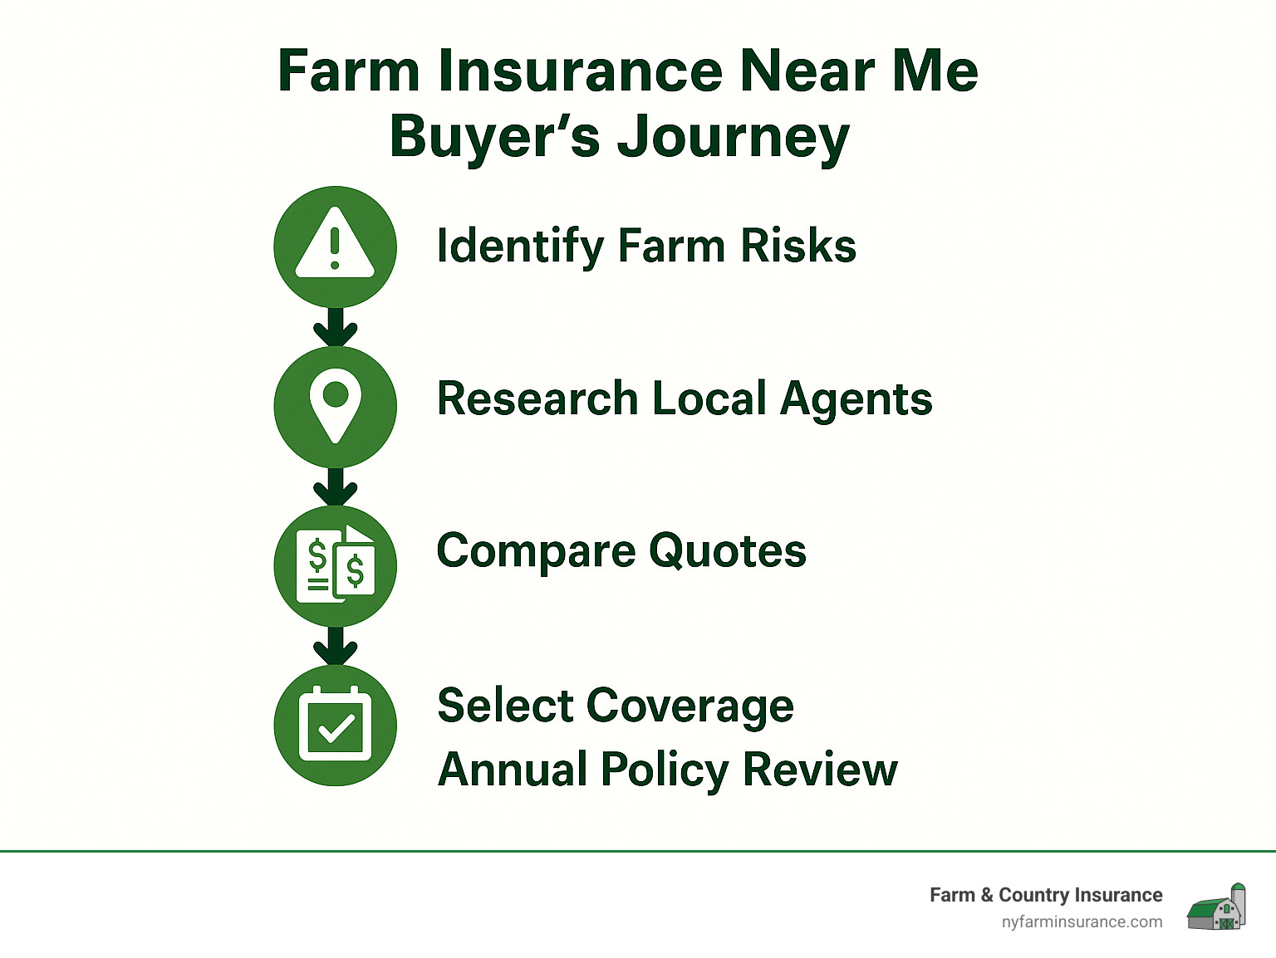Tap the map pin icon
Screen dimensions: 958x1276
coord(335,405)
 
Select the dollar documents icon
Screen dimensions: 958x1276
coord(335,565)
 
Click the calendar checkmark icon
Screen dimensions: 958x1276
coord(335,725)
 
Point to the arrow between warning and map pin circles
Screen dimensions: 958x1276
coord(335,327)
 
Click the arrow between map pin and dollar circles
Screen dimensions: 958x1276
coord(335,487)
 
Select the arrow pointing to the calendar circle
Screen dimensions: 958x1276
coord(335,647)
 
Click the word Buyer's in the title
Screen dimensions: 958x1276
coord(494,136)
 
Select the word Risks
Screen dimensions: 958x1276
coord(797,246)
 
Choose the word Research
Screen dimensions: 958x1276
coord(537,398)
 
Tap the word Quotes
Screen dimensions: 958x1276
coord(727,551)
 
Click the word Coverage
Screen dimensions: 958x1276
coord(690,706)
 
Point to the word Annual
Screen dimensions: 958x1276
coord(513,769)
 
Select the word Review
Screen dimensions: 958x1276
coord(820,769)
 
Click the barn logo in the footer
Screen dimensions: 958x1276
coord(1217,907)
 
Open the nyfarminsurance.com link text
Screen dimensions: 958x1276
coord(1082,921)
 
